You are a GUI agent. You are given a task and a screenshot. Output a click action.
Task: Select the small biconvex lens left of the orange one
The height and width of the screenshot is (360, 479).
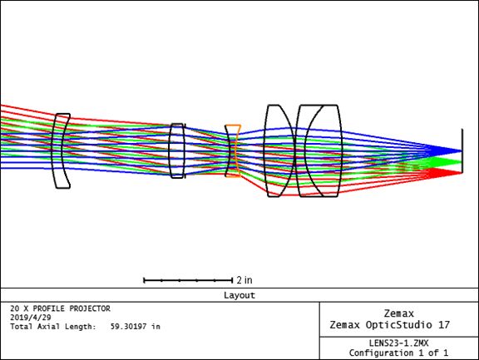(x=177, y=150)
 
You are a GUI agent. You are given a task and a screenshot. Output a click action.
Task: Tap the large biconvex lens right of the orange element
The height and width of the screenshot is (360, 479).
(x=279, y=150)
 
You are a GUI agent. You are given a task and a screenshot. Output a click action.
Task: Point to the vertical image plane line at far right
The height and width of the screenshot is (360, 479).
(x=462, y=150)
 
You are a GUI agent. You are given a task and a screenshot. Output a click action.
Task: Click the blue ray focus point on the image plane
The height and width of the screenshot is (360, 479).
(x=462, y=150)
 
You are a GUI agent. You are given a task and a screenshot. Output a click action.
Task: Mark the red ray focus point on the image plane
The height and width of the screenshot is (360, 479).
(x=462, y=173)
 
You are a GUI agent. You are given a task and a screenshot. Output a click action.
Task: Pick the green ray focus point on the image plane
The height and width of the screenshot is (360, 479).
(x=462, y=162)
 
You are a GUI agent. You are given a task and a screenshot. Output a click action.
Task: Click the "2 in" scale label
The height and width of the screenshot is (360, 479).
(x=244, y=280)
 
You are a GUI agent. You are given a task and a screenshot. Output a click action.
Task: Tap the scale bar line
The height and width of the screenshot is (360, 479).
(x=188, y=280)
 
